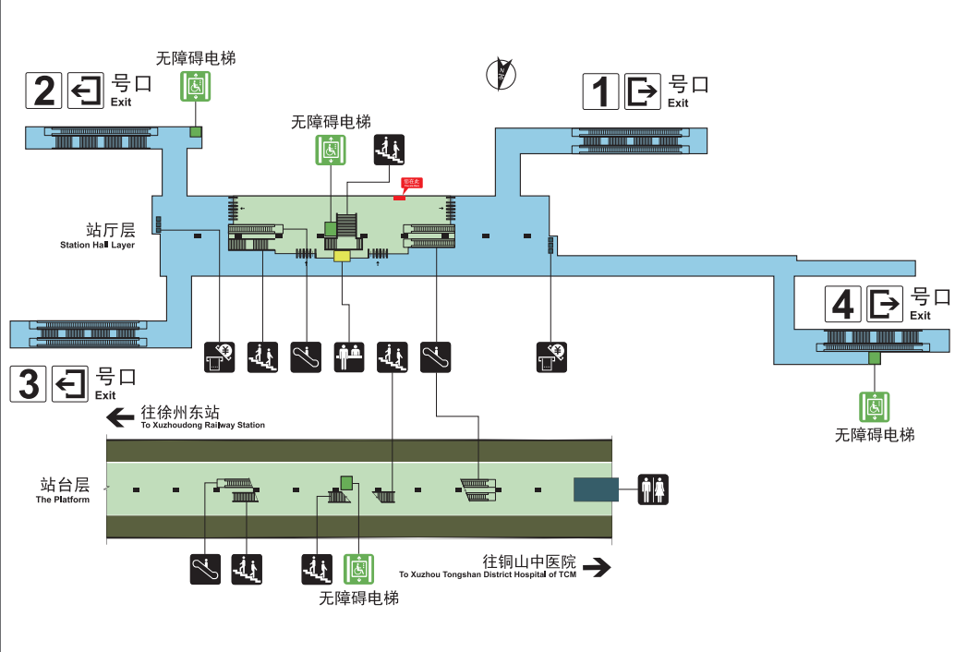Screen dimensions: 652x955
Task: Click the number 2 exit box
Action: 44,90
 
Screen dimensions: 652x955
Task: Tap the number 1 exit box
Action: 600,91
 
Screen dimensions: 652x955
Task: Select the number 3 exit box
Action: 29,383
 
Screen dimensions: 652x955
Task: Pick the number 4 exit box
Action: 842,303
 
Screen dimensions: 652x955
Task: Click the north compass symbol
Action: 500,74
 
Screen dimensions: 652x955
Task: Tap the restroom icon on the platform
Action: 653,489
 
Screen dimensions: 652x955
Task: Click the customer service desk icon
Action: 348,356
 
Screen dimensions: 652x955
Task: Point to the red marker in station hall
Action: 400,195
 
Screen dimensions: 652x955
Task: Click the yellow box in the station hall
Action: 343,256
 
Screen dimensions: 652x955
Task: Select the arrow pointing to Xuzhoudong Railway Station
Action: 120,417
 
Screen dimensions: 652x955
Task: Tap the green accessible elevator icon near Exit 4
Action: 874,406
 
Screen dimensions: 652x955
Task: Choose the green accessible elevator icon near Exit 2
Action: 195,86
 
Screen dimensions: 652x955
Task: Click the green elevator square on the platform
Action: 347,482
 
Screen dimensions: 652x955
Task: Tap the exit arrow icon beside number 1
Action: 642,91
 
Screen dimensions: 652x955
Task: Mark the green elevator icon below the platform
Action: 358,569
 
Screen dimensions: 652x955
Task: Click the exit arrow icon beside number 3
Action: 70,383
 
